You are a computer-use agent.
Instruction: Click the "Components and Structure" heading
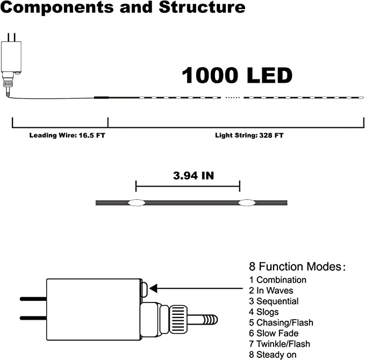[x=123, y=8]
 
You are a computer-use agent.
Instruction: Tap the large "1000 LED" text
[x=237, y=75]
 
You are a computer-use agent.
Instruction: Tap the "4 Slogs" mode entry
[x=264, y=312]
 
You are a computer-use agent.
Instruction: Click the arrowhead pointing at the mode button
[x=153, y=289]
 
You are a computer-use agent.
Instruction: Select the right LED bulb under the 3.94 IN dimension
[x=247, y=203]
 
